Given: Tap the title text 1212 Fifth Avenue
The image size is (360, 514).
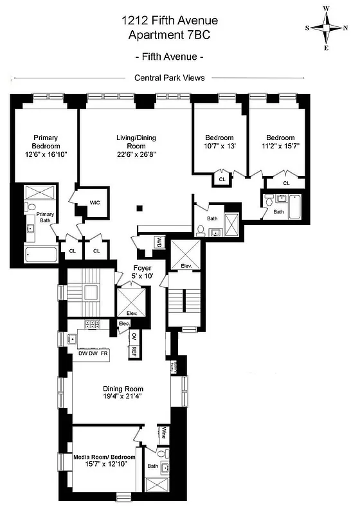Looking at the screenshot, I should (x=170, y=21).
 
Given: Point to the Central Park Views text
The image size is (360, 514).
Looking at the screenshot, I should (x=170, y=78).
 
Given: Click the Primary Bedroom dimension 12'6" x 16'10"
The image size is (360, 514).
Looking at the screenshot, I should (x=46, y=155).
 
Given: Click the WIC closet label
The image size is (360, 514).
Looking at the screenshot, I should (x=94, y=202).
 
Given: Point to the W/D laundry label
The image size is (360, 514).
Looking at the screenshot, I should (x=159, y=242).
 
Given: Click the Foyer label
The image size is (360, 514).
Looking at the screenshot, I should (x=142, y=267).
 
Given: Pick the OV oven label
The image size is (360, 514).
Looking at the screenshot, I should (x=134, y=337).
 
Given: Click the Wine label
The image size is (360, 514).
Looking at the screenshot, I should (x=165, y=432).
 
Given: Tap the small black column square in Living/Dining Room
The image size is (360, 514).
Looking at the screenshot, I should (x=139, y=208).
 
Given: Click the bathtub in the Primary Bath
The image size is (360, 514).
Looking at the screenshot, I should (x=42, y=254).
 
